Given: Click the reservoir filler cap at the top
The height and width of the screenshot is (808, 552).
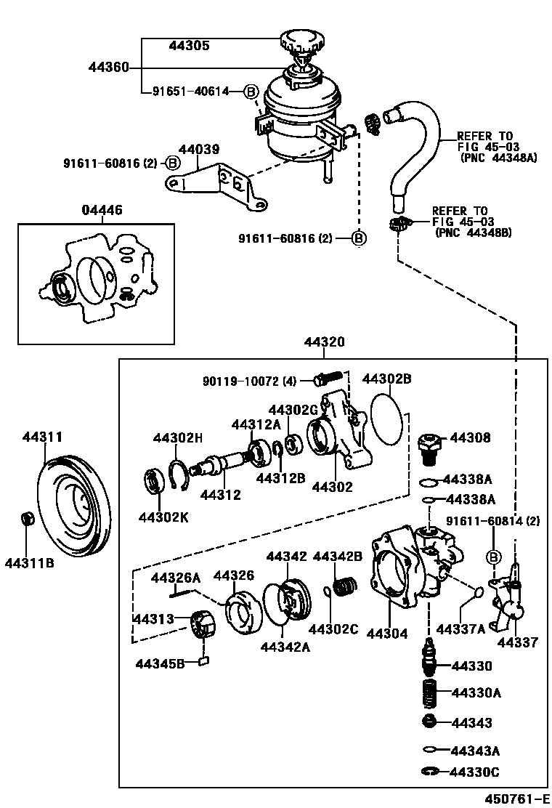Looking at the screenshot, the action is click(301, 41).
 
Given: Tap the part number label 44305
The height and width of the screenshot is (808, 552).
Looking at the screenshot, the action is click(190, 46).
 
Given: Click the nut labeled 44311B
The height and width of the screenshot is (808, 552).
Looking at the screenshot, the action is click(28, 517).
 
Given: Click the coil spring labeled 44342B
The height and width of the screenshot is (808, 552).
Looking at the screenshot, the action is click(346, 586).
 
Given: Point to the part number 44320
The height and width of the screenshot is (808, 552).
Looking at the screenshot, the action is click(324, 342).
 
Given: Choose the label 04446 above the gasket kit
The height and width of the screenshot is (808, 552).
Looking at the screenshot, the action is click(102, 210).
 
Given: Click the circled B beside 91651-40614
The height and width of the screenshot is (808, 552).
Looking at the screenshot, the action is click(251, 92).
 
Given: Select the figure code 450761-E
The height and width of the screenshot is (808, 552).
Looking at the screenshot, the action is click(516, 799).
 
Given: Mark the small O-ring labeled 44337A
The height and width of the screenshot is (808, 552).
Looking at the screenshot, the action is click(478, 592).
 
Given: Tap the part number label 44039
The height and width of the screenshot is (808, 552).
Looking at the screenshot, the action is click(199, 150).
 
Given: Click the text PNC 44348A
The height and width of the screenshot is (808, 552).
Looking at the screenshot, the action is click(498, 158).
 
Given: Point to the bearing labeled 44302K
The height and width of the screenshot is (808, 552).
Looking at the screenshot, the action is click(153, 482).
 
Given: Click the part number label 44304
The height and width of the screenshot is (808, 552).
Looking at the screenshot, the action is click(386, 634).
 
